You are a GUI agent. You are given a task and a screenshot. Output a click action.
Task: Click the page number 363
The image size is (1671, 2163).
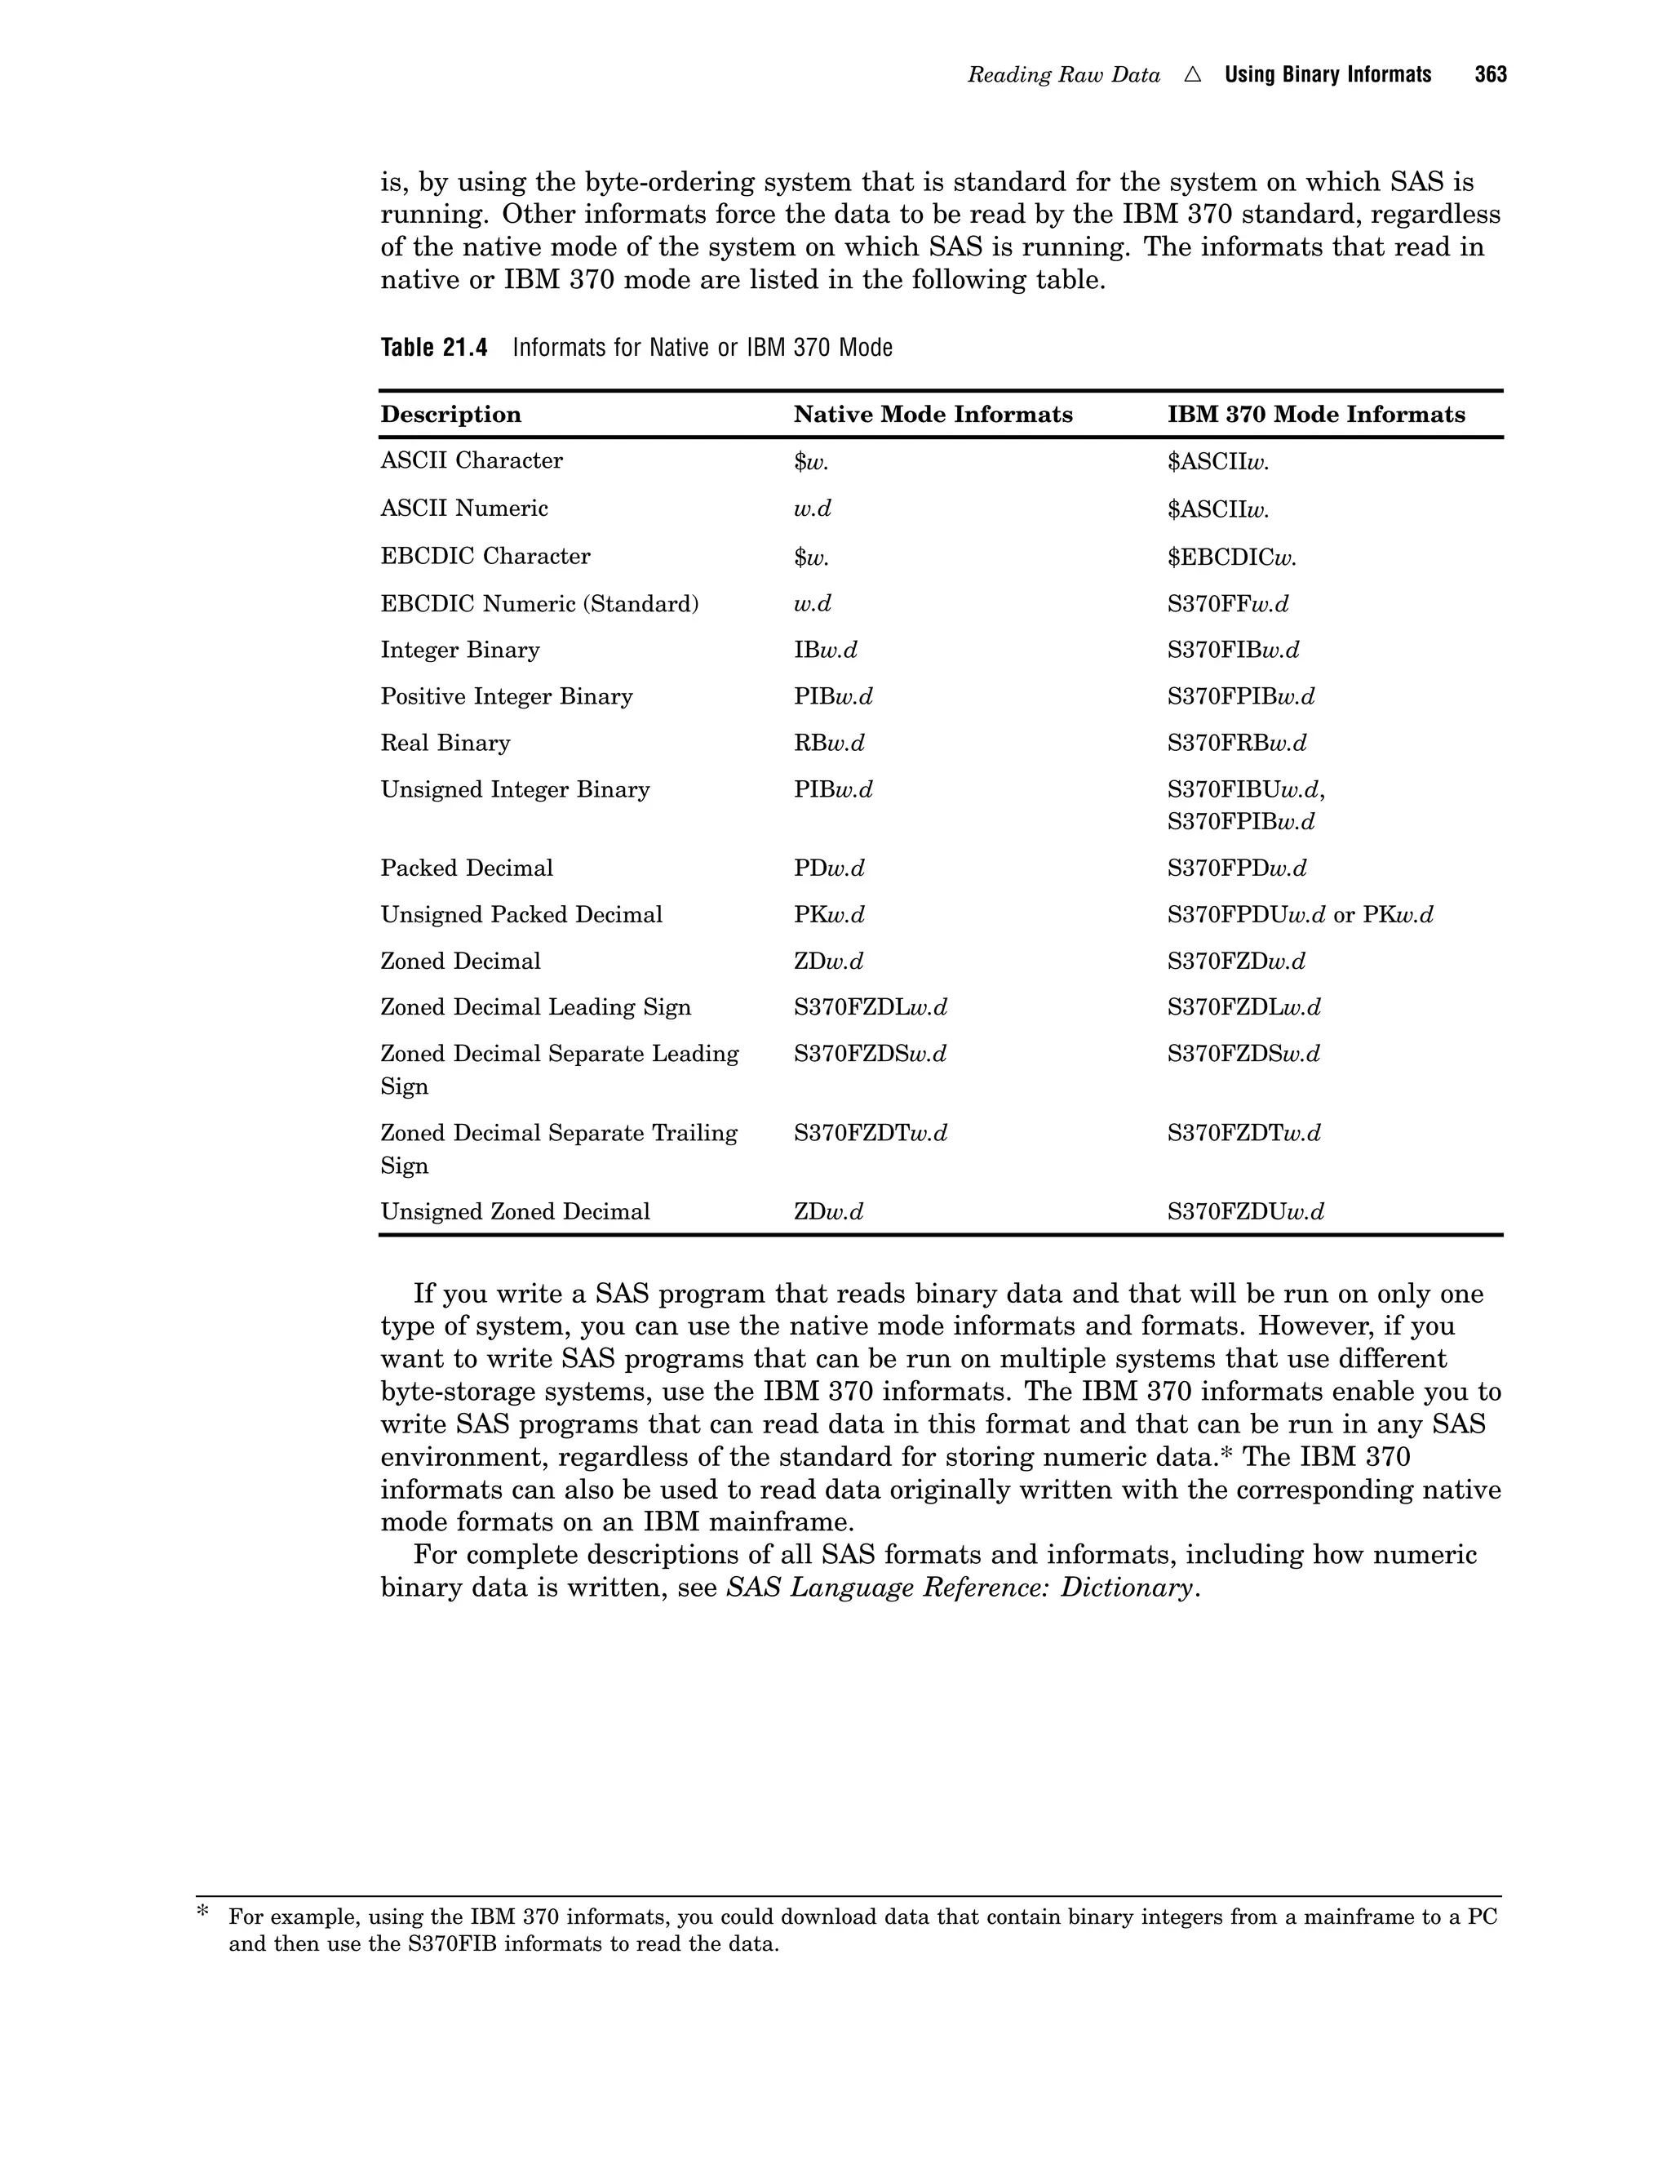pyautogui.click(x=1490, y=75)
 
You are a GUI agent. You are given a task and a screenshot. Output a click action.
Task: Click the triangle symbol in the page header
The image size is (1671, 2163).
pyautogui.click(x=1192, y=75)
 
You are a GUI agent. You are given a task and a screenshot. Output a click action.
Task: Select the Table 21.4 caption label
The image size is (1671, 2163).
pyautogui.click(x=433, y=348)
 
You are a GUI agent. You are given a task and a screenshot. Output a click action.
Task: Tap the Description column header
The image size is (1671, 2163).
pyautogui.click(x=450, y=414)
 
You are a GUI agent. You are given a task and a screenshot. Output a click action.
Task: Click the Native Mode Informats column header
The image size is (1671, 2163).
pyautogui.click(x=933, y=414)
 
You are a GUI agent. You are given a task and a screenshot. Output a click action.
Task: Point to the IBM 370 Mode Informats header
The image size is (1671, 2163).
pyautogui.click(x=1315, y=414)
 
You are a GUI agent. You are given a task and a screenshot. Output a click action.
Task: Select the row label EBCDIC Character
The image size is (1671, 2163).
pyautogui.click(x=485, y=557)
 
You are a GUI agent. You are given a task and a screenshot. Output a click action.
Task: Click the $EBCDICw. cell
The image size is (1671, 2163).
pyautogui.click(x=1231, y=557)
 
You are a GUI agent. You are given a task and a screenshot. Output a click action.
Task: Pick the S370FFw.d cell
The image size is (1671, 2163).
pyautogui.click(x=1227, y=604)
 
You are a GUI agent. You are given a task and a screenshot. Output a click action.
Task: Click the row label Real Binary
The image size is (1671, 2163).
pyautogui.click(x=445, y=743)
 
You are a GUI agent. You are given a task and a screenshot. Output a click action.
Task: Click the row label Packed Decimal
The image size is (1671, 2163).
pyautogui.click(x=466, y=868)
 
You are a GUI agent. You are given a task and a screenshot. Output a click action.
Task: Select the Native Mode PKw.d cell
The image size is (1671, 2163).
pyautogui.click(x=829, y=915)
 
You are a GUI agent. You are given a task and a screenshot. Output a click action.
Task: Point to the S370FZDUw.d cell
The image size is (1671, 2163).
pyautogui.click(x=1245, y=1212)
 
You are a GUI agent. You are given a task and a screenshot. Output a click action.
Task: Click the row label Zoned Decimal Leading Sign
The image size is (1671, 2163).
pyautogui.click(x=535, y=1007)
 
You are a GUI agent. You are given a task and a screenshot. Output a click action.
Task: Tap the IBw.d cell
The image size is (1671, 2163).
pyautogui.click(x=826, y=651)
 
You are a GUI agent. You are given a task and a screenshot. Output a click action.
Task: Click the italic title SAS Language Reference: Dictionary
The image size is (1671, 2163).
pyautogui.click(x=960, y=1588)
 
